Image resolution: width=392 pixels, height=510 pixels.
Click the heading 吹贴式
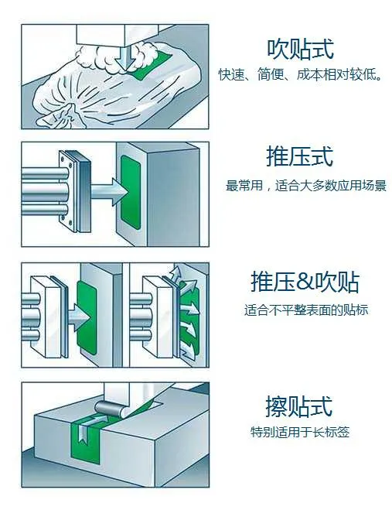[300, 49]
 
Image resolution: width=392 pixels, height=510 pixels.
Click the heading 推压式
[300, 156]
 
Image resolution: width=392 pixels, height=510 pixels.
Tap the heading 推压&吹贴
[305, 282]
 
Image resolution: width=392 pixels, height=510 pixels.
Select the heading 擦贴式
[299, 406]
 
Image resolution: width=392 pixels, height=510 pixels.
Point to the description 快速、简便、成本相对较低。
[300, 74]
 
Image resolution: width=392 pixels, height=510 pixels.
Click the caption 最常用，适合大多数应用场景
[306, 186]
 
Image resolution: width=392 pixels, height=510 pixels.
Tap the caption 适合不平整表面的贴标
[306, 310]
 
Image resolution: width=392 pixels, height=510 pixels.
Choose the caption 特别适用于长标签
[300, 433]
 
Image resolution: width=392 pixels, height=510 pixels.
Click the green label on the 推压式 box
[131, 192]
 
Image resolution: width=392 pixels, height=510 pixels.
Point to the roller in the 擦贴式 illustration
[110, 409]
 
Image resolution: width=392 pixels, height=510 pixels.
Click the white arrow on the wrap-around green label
[89, 427]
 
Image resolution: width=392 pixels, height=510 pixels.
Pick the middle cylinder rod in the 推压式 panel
[46, 192]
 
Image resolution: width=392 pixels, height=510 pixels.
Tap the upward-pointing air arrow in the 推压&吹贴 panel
[176, 273]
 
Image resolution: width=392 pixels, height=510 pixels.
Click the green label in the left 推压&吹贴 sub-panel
[87, 317]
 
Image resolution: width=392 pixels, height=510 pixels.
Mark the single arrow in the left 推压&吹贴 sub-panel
[79, 317]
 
